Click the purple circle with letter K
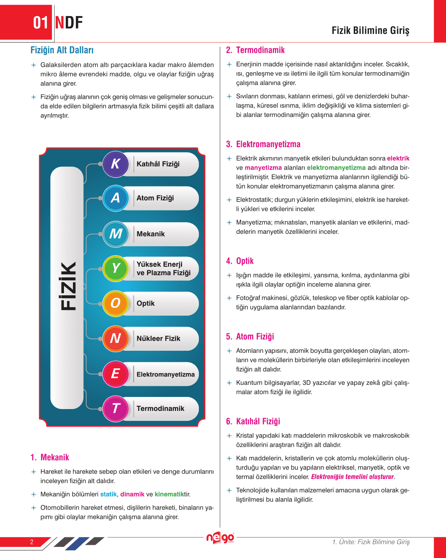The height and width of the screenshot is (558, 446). point(115,164)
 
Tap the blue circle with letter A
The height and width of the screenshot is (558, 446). point(115,198)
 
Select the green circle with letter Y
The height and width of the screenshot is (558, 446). point(115,268)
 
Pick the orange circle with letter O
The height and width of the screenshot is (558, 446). point(115,303)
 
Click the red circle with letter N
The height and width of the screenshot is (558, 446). point(115,338)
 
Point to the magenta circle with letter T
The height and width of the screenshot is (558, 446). point(115,408)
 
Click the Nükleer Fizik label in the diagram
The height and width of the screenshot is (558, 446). point(158,339)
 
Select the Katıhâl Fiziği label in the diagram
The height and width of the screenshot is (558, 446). point(158,164)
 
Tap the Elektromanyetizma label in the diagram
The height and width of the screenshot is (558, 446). point(166,374)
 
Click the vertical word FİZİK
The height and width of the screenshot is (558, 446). point(68,286)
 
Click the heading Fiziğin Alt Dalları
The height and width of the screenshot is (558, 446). point(62,50)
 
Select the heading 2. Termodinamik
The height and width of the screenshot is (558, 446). point(255,50)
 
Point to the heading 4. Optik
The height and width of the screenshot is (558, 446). point(240,261)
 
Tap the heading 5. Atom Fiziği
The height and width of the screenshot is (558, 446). point(250,336)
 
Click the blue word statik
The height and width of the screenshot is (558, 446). point(108,494)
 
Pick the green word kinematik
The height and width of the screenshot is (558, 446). point(169,494)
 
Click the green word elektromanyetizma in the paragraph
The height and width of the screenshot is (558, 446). point(336,168)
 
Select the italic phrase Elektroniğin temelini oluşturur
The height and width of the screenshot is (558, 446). point(352,477)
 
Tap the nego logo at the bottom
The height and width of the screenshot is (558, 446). point(220,538)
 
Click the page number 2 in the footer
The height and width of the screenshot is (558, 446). point(31,542)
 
